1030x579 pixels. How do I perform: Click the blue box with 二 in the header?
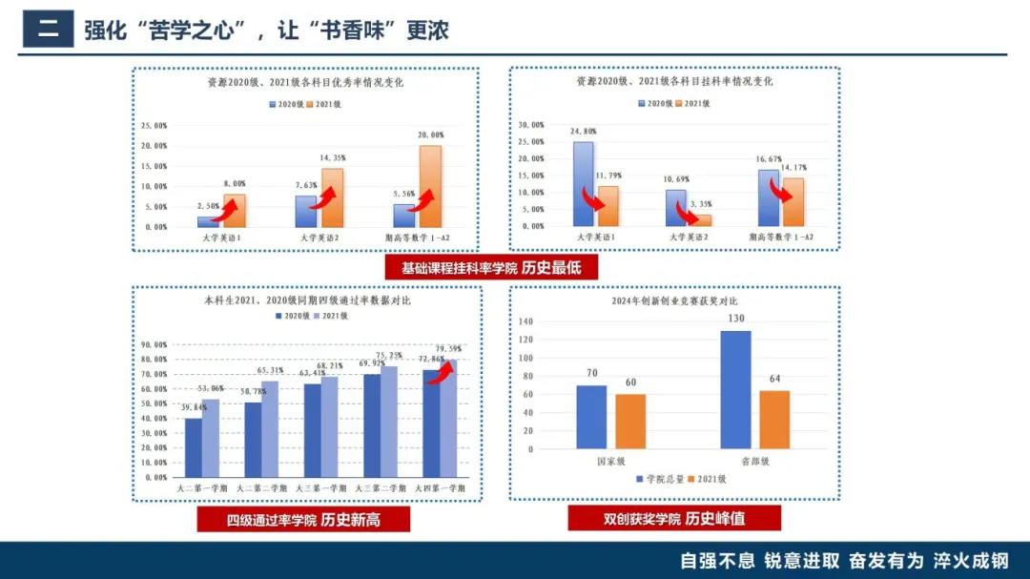point(48,29)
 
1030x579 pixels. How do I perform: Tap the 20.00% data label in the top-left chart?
point(430,135)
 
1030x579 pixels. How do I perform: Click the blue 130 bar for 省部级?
point(735,389)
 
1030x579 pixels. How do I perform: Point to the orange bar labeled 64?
point(774,420)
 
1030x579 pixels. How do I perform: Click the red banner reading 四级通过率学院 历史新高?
point(303,520)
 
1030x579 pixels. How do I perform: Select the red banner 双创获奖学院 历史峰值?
point(674,519)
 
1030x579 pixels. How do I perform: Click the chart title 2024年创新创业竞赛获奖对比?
point(674,301)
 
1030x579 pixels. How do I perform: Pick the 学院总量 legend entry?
point(660,479)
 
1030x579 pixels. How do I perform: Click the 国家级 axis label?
point(610,461)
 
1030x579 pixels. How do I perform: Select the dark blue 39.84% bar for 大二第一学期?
point(194,447)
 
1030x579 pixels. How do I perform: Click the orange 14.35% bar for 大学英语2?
point(333,197)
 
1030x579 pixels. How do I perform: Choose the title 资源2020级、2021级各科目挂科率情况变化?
point(674,82)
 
